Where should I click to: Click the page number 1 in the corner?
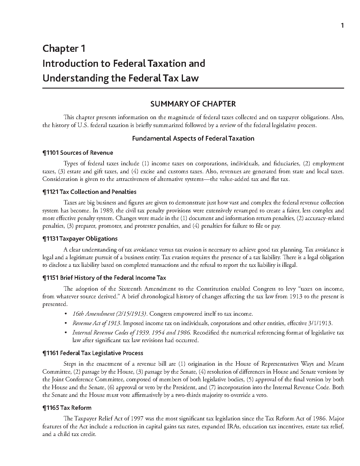point(342,26)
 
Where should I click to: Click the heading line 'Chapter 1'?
point(64,48)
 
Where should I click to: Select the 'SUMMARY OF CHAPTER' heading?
point(193,104)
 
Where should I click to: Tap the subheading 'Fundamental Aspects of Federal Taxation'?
point(193,138)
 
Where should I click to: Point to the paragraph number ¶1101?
point(51,153)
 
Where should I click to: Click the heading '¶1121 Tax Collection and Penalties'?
point(89,192)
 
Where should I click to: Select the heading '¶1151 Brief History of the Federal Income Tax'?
point(104,278)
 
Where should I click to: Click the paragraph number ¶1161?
point(51,353)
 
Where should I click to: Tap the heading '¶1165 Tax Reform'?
point(67,408)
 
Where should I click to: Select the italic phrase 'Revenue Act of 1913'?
point(96,323)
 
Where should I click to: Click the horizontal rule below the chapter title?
point(193,88)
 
